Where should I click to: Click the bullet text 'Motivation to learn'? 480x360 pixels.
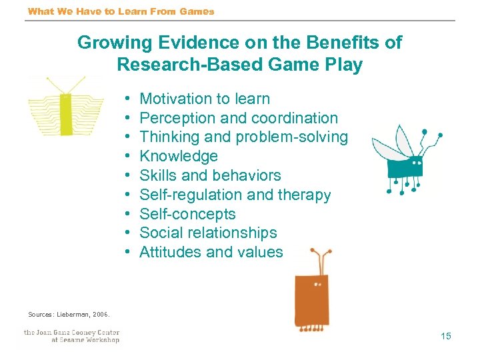(x=204, y=99)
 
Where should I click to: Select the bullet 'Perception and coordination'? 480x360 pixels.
(x=239, y=119)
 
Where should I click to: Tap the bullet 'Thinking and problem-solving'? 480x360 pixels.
(x=243, y=137)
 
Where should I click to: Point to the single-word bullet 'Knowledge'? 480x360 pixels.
(x=179, y=157)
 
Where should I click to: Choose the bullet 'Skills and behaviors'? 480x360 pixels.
(x=210, y=176)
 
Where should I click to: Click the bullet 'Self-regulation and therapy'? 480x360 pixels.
(x=235, y=195)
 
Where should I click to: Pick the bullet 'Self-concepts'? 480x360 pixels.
(x=187, y=215)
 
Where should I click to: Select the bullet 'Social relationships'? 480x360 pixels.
(x=208, y=233)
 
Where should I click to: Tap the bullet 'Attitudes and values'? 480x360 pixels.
(x=211, y=253)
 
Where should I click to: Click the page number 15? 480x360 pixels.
(x=445, y=336)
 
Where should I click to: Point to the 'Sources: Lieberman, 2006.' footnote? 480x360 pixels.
(x=69, y=314)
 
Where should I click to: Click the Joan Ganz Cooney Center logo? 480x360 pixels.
(x=71, y=336)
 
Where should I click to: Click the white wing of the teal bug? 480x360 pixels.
(x=390, y=144)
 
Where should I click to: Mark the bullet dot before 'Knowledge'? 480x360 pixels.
(x=127, y=157)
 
